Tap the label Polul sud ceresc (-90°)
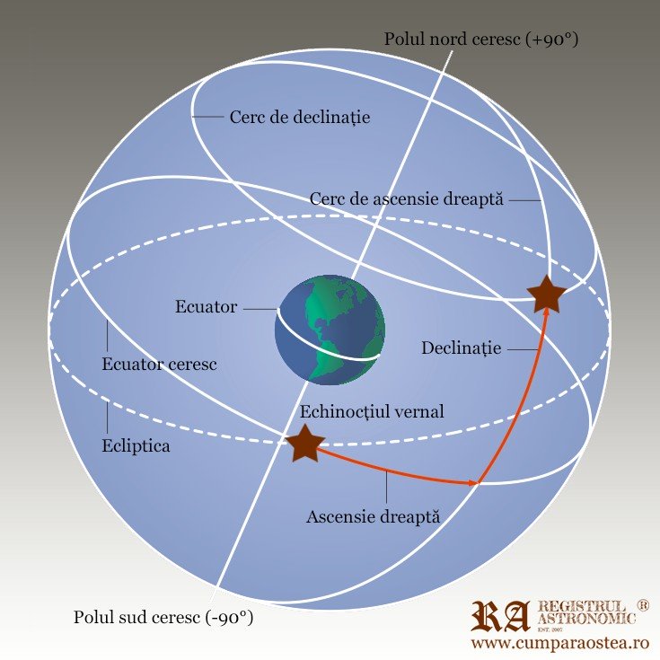point(163,618)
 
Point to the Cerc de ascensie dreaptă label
point(408,198)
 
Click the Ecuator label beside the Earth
point(206,307)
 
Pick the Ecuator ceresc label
point(160,365)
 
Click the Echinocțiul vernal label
point(371,411)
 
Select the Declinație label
point(462,348)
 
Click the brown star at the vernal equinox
point(304,444)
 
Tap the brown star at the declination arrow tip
point(545,294)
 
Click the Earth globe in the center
point(330,330)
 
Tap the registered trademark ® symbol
point(643,606)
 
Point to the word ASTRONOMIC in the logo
point(586,620)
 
